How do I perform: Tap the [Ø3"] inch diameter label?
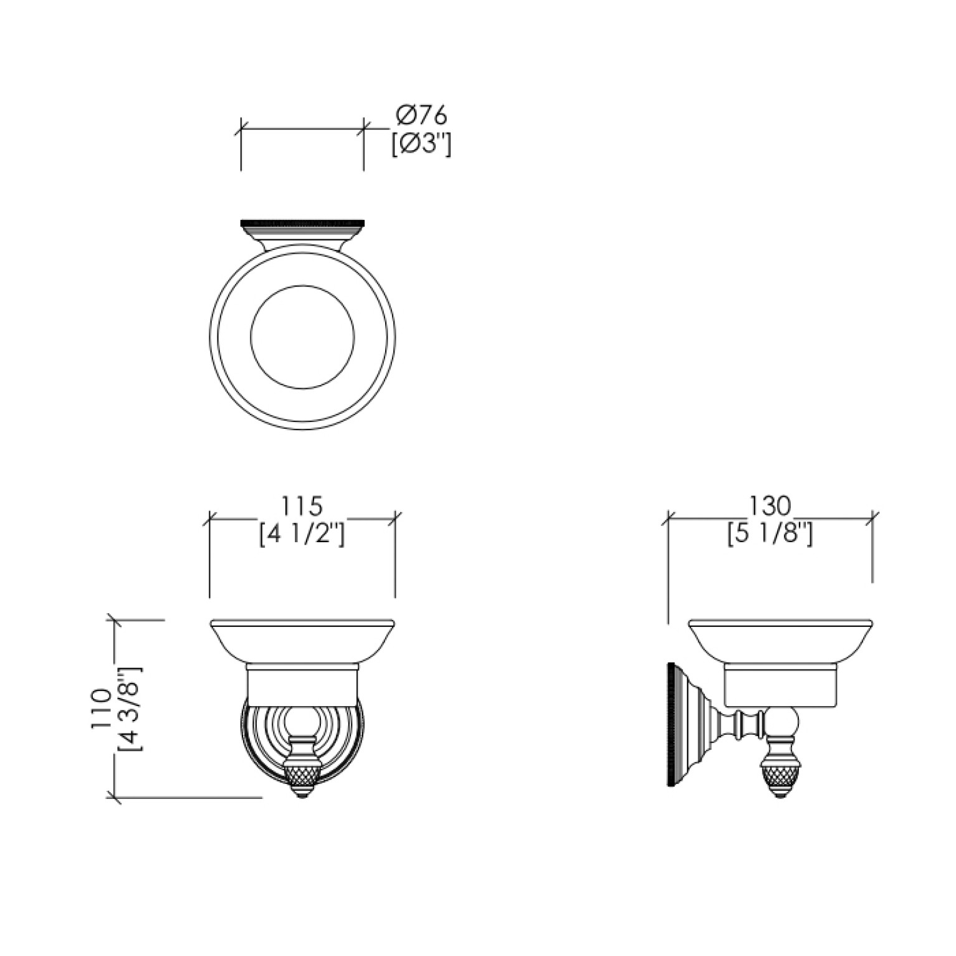[421, 145]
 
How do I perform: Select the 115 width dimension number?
[302, 505]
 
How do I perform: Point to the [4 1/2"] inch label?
[302, 535]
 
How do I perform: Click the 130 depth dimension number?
[770, 505]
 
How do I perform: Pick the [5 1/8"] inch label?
[770, 535]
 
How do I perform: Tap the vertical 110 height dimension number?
[100, 709]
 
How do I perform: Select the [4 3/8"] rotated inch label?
[130, 709]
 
